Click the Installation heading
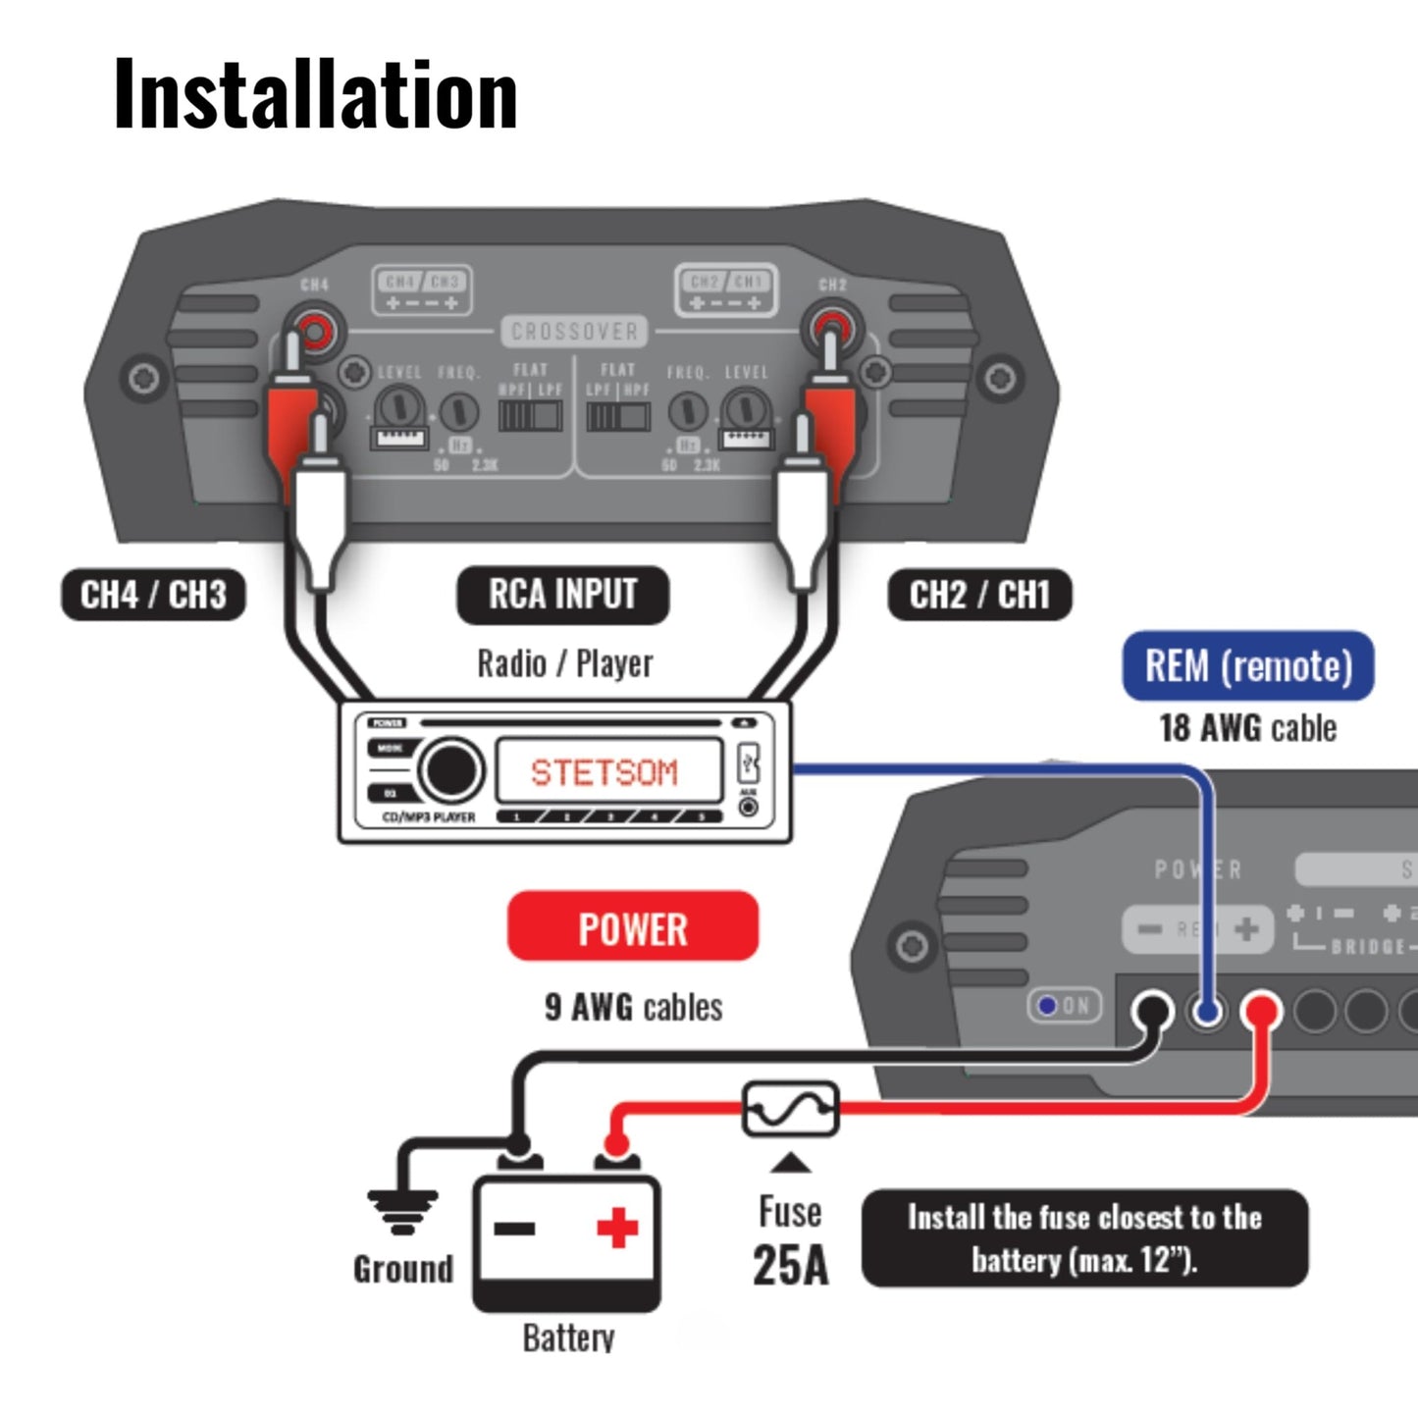315,95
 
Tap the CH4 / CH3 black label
153,595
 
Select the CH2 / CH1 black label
979,595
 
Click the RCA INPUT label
562,595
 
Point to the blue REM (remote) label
1247,666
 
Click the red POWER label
633,927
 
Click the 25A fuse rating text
791,1265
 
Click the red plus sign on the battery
617,1228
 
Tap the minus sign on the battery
514,1228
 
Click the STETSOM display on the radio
604,772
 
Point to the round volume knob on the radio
450,771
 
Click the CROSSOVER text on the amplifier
575,332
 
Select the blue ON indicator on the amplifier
1065,1006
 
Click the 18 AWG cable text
1247,728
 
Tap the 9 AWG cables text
633,1007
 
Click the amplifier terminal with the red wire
1261,1010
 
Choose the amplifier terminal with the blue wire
1207,1010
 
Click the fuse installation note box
1084,1238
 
